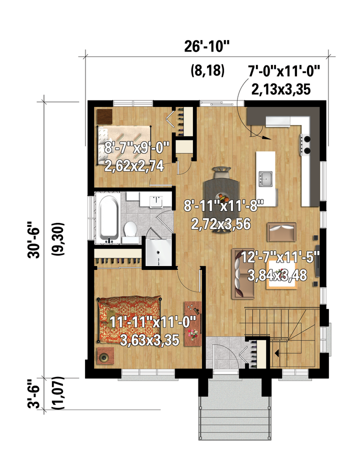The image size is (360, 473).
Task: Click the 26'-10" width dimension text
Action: [206, 47]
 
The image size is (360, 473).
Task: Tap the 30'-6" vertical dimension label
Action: [33, 240]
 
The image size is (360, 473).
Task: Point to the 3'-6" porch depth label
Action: [33, 396]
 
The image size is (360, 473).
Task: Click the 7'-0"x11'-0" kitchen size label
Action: [283, 72]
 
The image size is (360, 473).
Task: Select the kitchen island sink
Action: [266, 178]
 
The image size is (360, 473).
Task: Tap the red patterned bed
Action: [129, 319]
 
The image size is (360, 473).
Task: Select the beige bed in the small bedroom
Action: [123, 145]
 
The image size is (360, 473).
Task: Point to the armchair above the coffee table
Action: [281, 232]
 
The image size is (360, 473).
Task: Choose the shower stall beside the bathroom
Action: [158, 252]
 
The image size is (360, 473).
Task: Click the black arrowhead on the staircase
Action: [276, 352]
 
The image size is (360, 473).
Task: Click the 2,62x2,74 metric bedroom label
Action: [134, 166]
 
